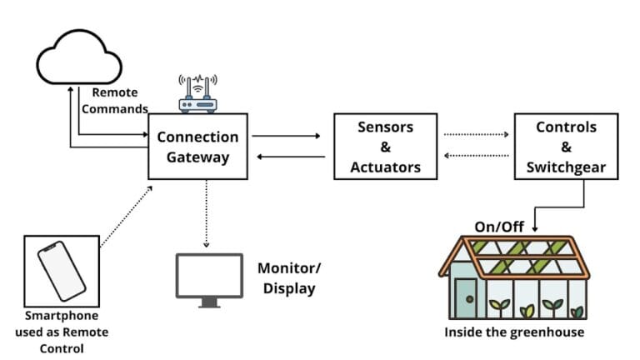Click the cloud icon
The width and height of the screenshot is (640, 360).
pos(80,56)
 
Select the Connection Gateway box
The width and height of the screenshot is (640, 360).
pos(197,147)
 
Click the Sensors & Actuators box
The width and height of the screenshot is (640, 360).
pos(386,147)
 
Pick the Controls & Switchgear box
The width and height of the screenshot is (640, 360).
pos(566,147)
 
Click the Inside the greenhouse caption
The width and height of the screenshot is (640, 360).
pos(513,332)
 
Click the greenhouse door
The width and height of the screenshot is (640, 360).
pos(465,299)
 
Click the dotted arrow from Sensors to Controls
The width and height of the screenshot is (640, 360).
pos(475,134)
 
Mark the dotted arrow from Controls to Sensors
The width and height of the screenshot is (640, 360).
pos(475,156)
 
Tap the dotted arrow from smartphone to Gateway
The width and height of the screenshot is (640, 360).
pos(125,217)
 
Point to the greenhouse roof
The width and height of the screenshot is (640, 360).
pos(513,255)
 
